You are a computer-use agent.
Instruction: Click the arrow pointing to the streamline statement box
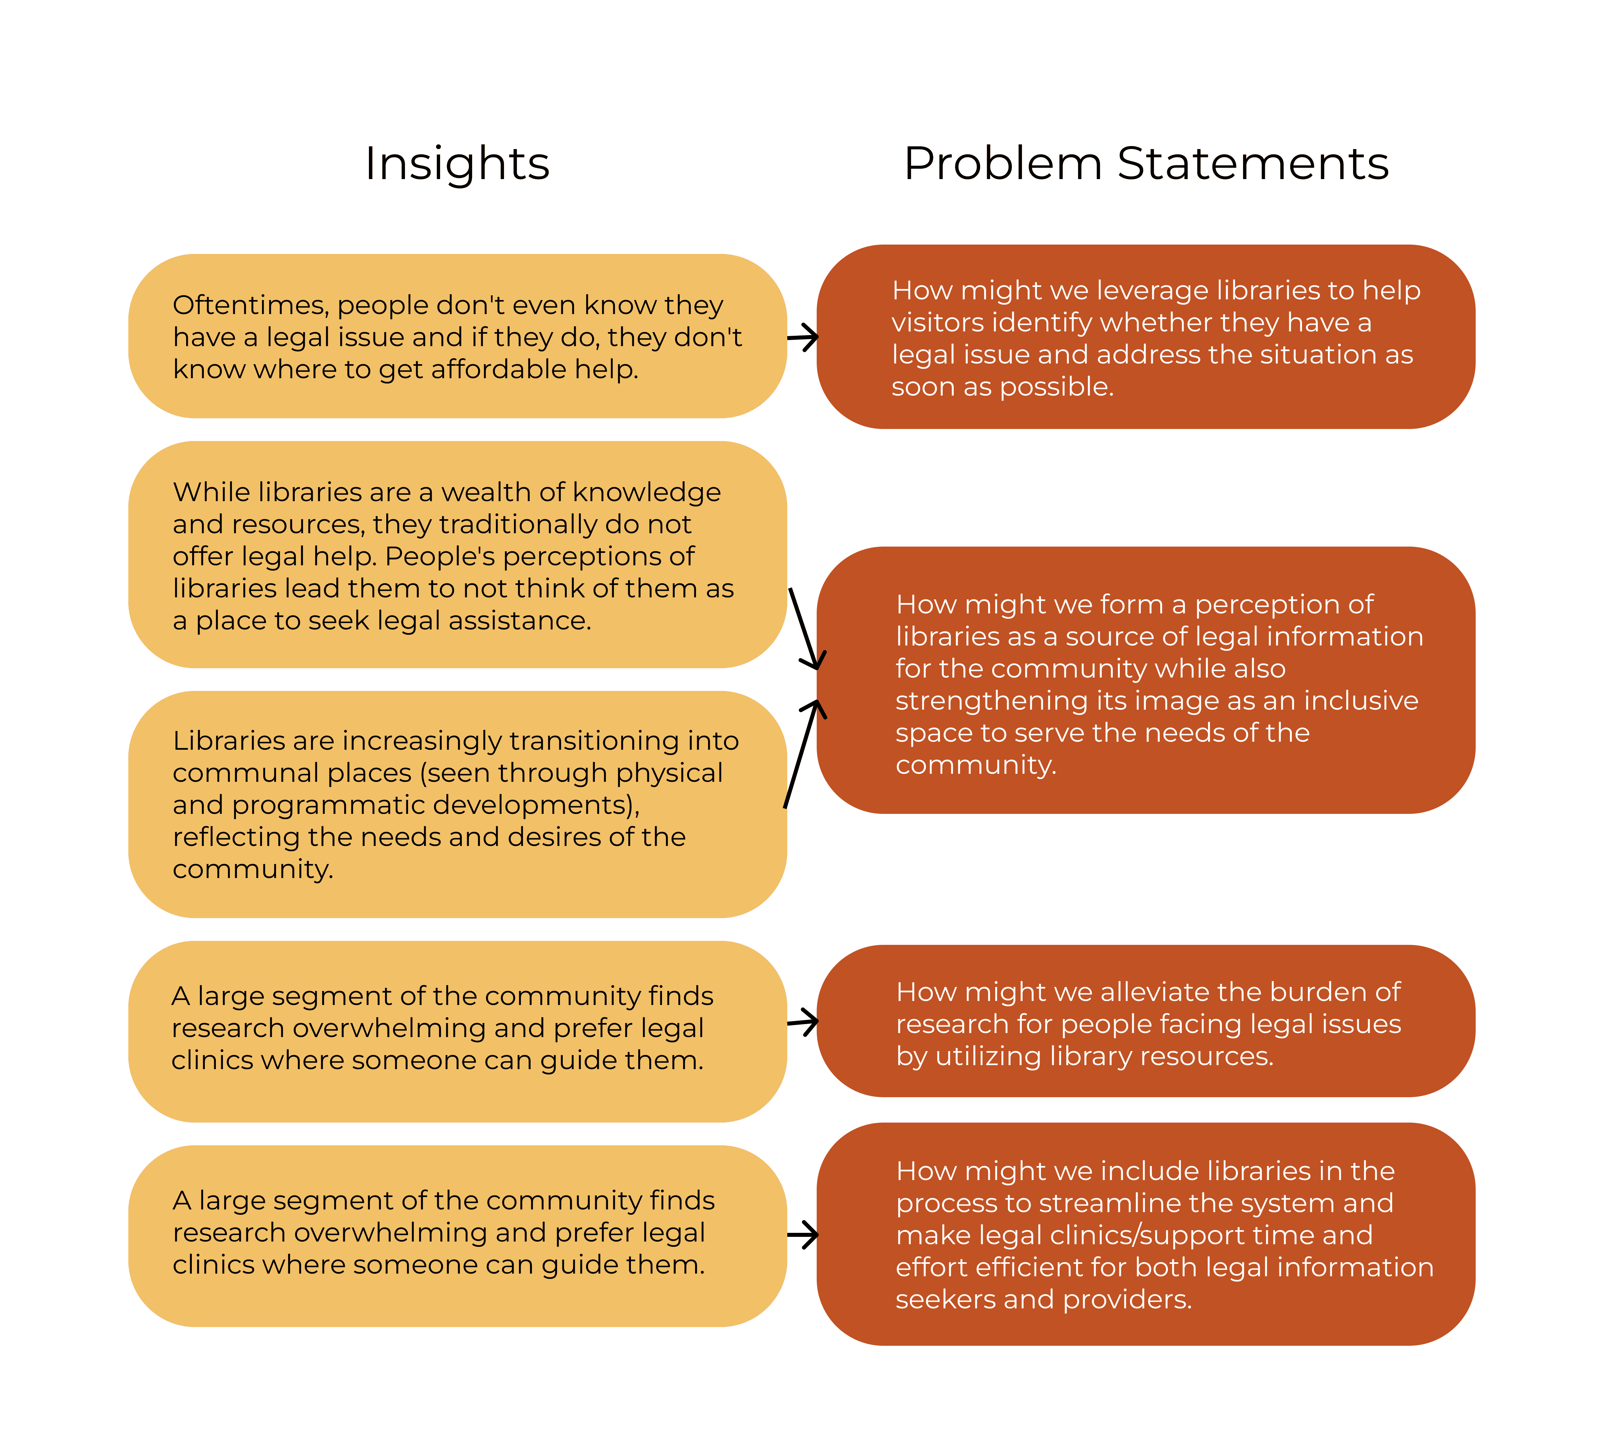(x=802, y=1235)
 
